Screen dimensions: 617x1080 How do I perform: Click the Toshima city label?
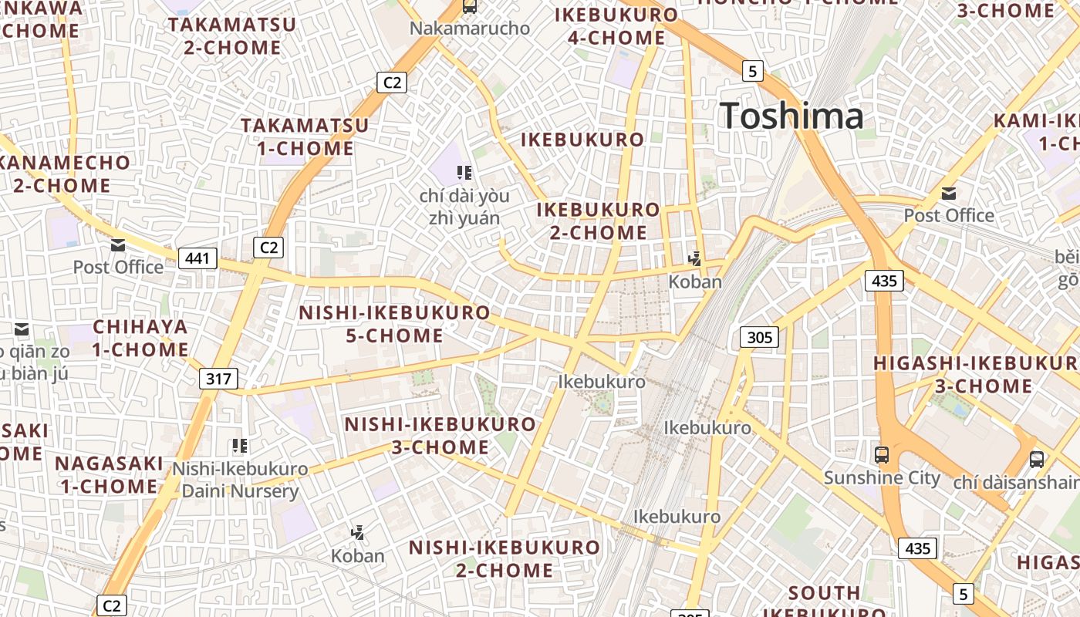791,116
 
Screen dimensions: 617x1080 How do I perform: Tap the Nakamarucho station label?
470,29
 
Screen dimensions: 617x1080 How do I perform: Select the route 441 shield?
197,258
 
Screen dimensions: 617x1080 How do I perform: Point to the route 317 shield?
218,379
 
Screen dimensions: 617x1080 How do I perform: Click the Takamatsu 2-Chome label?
232,35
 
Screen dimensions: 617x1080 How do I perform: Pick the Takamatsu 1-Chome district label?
305,137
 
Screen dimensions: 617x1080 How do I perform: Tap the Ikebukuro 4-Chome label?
616,26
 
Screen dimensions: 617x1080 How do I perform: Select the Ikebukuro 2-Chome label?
599,221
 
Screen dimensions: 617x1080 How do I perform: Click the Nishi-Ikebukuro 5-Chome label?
394,324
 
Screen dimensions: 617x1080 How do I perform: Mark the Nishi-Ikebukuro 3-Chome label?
440,436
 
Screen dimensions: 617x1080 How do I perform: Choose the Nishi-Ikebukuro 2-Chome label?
504,559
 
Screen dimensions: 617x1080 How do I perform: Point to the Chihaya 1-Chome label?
140,338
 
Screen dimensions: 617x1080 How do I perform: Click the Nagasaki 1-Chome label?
109,475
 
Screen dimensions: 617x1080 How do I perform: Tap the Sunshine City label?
882,477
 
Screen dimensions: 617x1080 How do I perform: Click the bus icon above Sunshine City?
882,454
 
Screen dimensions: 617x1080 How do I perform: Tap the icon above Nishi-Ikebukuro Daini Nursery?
240,445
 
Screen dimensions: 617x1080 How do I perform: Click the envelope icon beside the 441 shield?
118,245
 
